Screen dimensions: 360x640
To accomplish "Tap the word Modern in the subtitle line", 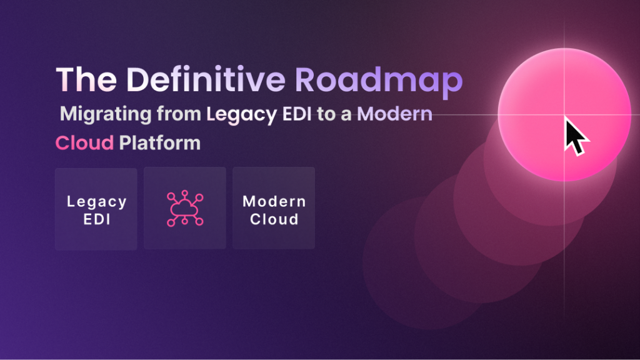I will tap(399, 115).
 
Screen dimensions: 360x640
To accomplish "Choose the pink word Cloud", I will tap(84, 143).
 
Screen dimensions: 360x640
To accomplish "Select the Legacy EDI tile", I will tap(96, 209).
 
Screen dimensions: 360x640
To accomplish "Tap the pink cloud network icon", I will tap(185, 209).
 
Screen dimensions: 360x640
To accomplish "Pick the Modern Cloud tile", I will tap(274, 209).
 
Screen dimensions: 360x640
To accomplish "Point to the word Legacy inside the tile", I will tap(96, 202).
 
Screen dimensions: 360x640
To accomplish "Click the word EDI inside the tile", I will tap(96, 219).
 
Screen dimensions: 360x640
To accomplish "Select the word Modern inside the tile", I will tap(274, 202).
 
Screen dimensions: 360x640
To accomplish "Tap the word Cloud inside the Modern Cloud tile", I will tap(274, 219).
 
